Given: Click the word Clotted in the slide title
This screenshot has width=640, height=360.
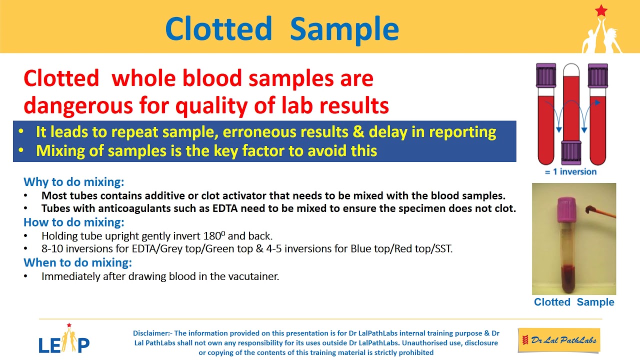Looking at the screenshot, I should pos(218,28).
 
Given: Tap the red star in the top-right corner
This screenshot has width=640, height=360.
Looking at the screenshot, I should pos(600,10).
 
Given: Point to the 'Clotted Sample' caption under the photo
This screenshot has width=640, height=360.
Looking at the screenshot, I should pos(573,302).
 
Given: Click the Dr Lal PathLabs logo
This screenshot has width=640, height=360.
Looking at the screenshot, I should pos(558,340).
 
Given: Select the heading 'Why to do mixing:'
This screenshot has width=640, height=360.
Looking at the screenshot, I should pos(74,182).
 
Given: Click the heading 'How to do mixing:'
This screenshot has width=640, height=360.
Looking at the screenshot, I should pos(74,222).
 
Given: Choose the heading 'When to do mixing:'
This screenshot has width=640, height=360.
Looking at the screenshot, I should pos(77,262).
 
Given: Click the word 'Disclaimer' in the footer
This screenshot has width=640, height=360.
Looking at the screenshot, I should pos(151,333).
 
